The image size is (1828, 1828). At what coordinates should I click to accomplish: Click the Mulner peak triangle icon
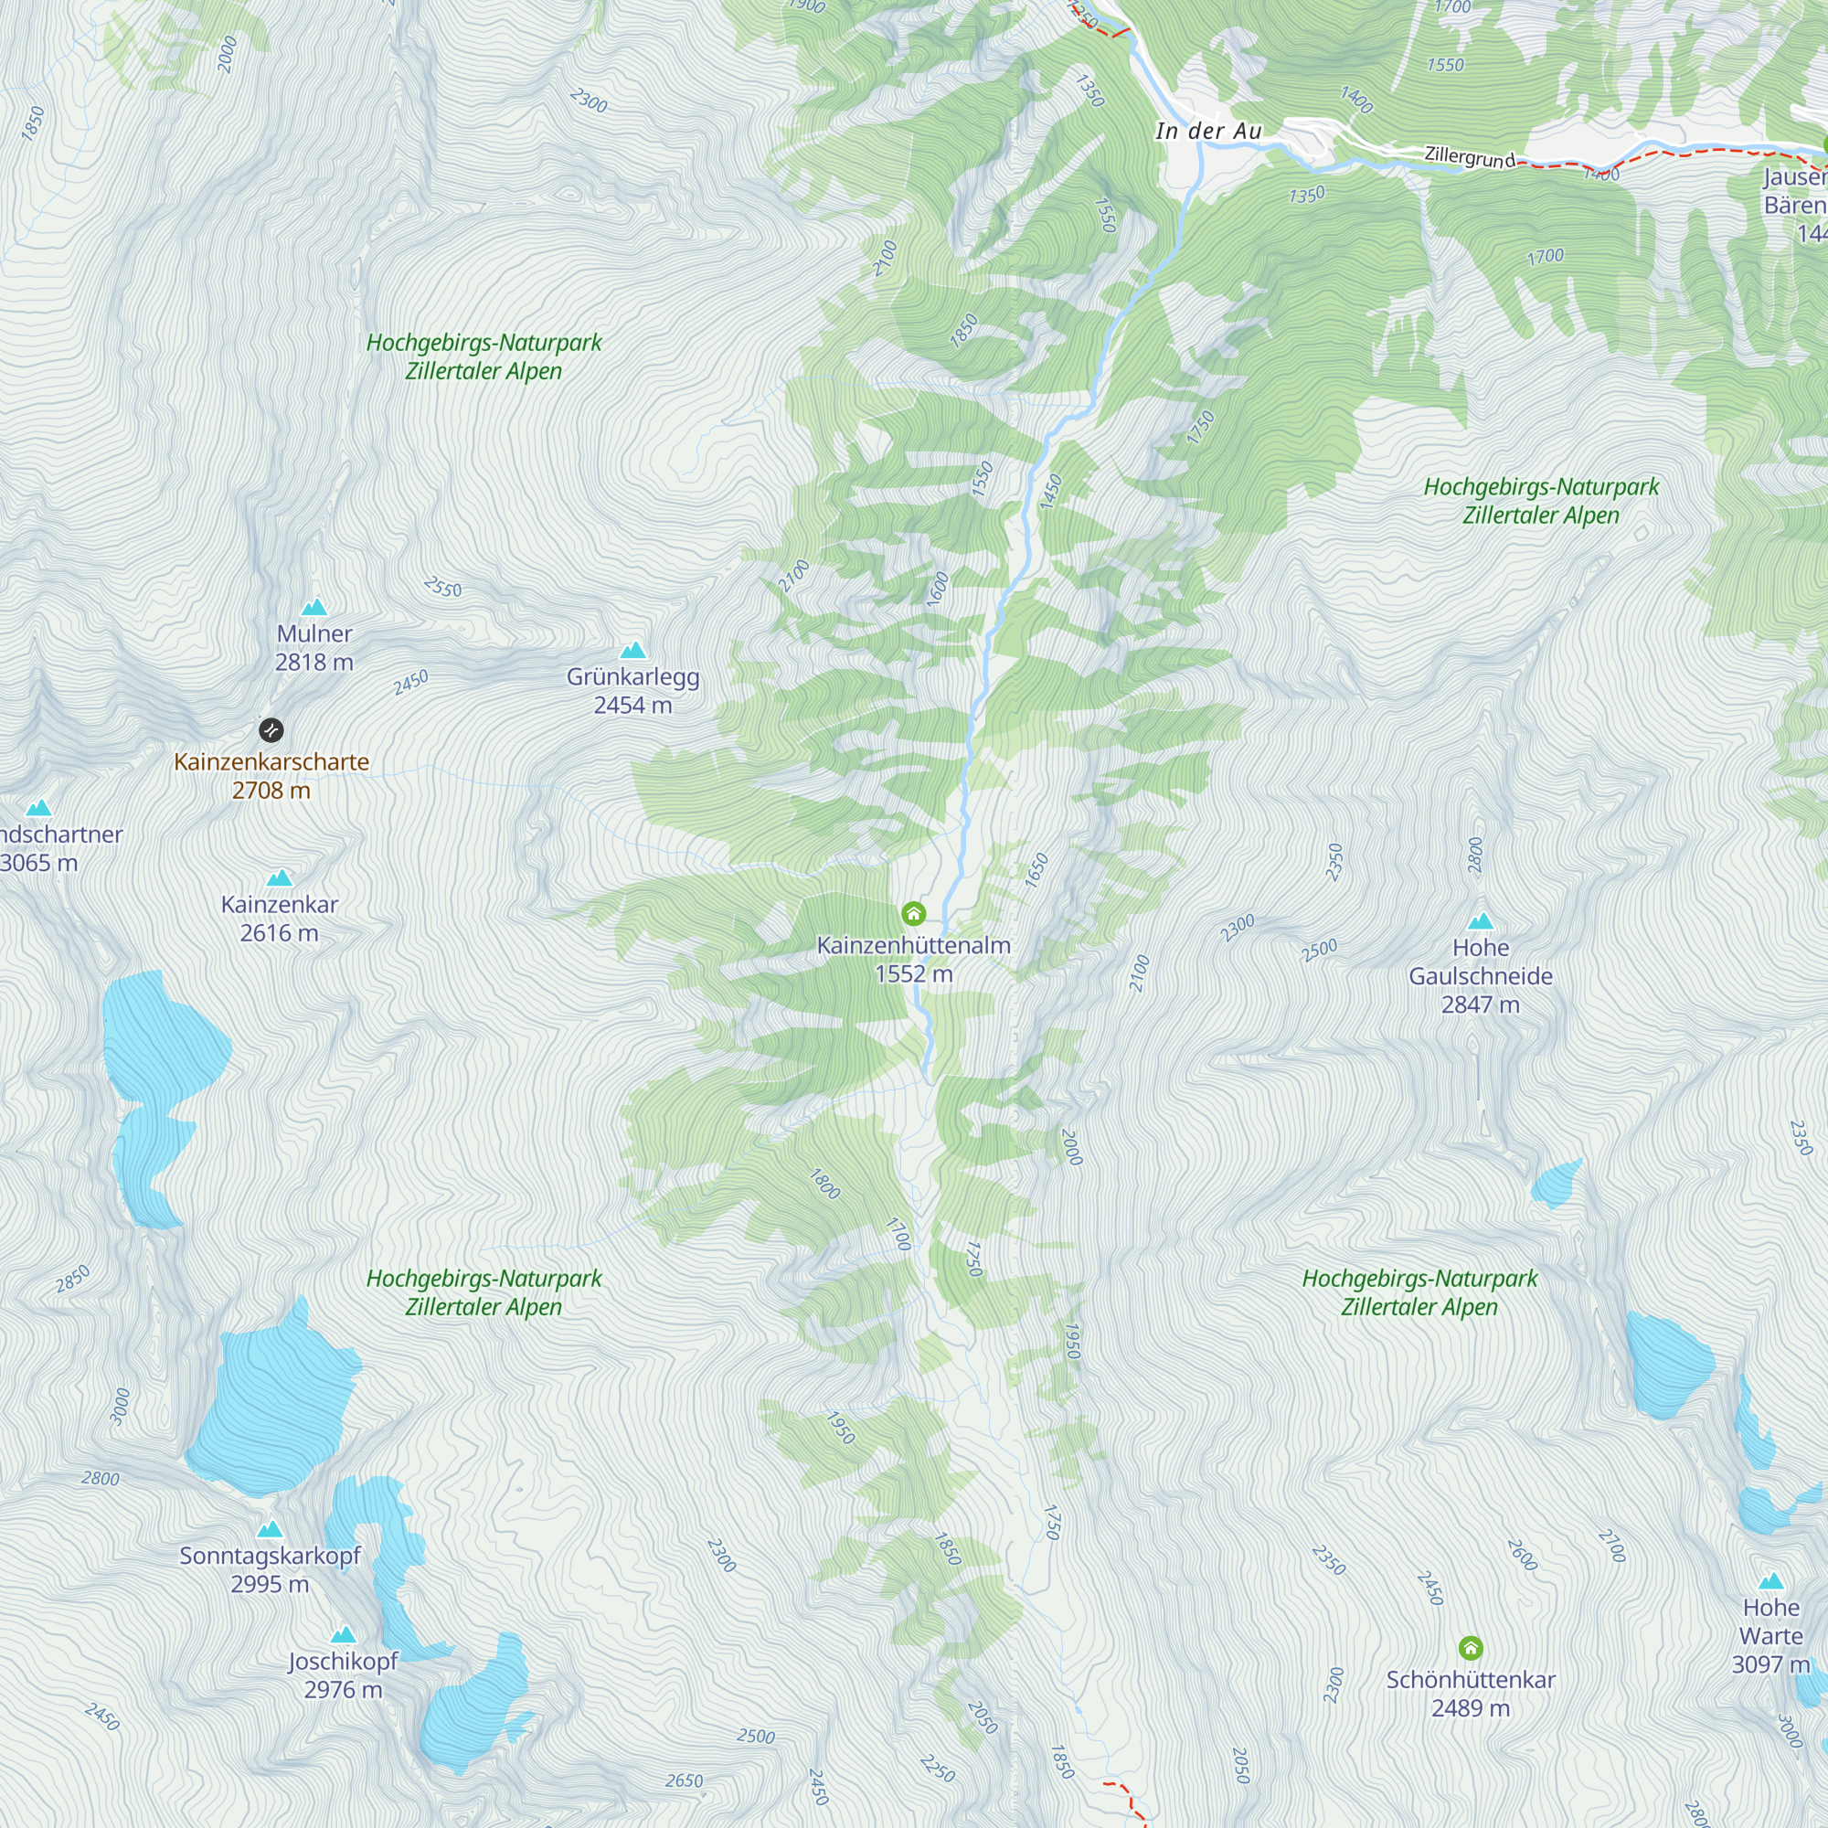[x=314, y=607]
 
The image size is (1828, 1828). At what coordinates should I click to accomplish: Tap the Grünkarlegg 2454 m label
[x=633, y=691]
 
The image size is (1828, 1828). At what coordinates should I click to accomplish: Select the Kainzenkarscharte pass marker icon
[x=271, y=729]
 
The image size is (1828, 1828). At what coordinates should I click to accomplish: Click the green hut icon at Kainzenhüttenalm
[x=913, y=913]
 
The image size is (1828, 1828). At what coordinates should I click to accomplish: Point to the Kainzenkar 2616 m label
[x=279, y=918]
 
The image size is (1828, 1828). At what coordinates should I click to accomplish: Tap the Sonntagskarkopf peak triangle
[x=270, y=1529]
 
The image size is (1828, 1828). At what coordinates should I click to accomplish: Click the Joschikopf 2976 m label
[x=343, y=1674]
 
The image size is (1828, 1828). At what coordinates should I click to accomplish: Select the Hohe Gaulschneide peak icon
[x=1481, y=920]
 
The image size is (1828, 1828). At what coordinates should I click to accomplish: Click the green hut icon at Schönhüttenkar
[x=1471, y=1648]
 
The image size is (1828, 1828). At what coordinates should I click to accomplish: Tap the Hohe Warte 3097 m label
[x=1770, y=1636]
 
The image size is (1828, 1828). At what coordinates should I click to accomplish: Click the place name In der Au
[x=1208, y=131]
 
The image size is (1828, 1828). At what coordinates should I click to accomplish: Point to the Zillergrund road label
[x=1470, y=156]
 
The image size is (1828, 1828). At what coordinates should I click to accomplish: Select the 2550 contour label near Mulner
[x=442, y=588]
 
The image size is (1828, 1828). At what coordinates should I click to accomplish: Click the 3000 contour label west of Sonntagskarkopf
[x=120, y=1406]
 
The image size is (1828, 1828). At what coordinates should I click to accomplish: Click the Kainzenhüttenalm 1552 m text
[x=913, y=959]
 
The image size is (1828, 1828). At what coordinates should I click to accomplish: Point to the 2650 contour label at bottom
[x=684, y=1780]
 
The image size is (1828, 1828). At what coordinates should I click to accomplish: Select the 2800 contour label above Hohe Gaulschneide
[x=1476, y=855]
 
